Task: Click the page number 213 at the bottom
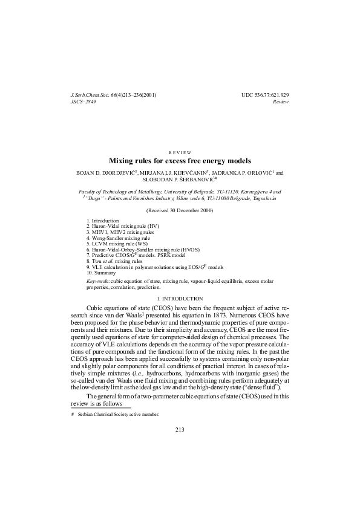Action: pos(179,430)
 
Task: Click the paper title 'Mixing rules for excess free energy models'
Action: pos(179,161)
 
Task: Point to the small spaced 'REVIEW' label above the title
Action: pos(179,152)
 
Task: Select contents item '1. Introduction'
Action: pos(103,221)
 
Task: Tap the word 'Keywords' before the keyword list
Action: pos(98,282)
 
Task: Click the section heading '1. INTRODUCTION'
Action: pos(179,299)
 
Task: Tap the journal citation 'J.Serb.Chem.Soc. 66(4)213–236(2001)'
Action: pos(114,96)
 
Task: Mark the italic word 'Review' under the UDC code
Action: pos(281,102)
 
